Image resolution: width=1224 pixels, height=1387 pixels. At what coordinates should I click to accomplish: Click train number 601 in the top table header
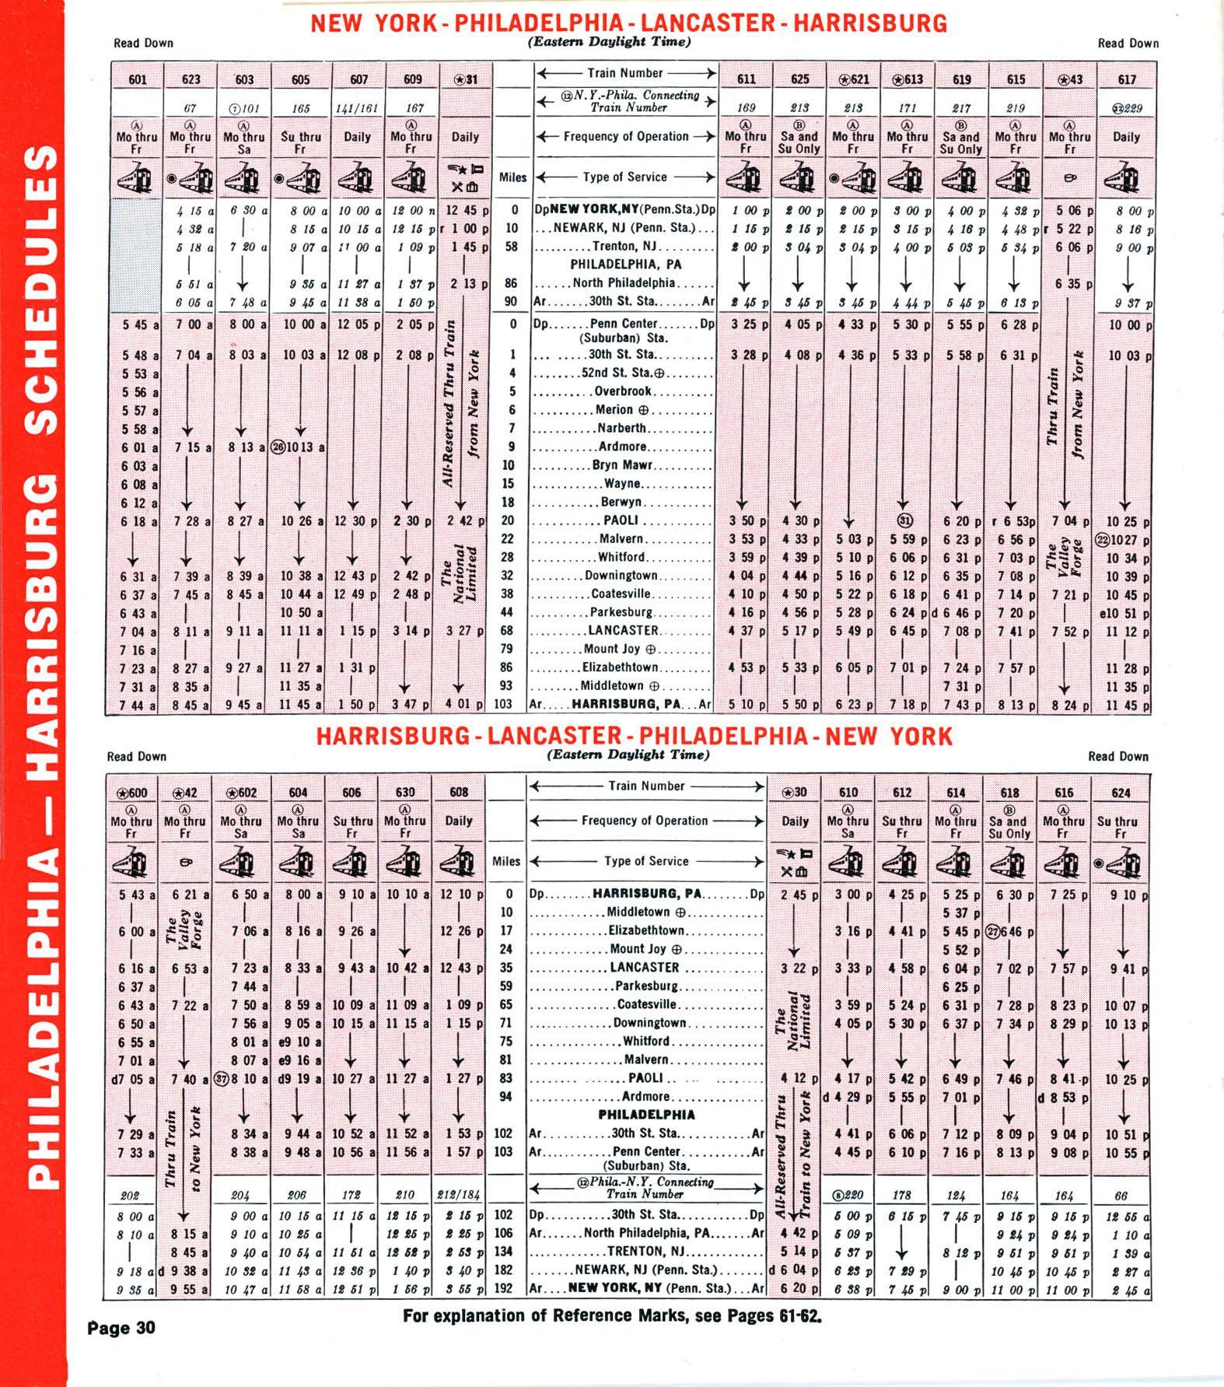[x=138, y=79]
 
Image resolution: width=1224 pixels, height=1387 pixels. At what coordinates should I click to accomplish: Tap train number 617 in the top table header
[x=1127, y=79]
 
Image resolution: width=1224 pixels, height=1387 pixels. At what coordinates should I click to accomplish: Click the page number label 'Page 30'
[x=122, y=1328]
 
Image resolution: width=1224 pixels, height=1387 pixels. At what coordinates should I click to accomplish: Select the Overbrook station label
[x=623, y=391]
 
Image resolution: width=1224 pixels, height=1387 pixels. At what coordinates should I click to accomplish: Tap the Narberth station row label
[x=622, y=428]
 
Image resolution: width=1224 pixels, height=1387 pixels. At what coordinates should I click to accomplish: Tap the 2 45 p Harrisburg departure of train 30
[x=795, y=895]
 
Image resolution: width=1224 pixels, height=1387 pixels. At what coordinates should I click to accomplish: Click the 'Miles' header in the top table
[x=512, y=177]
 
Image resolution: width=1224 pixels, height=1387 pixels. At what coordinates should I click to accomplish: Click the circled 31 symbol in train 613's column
[x=906, y=520]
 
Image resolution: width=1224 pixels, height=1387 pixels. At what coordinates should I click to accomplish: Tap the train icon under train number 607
[x=358, y=178]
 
